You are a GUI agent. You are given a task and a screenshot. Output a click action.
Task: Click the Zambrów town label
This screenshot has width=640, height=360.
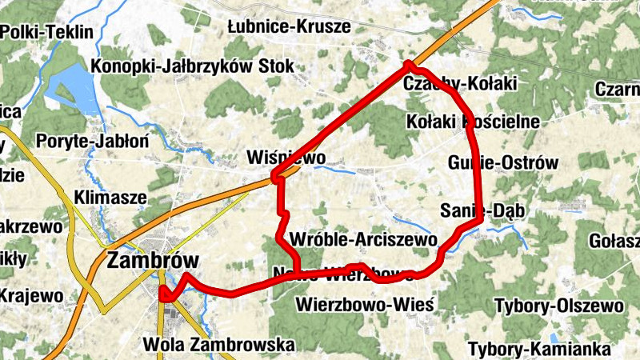152,262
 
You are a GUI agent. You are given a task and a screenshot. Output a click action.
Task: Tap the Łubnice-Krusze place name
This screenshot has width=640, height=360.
289,26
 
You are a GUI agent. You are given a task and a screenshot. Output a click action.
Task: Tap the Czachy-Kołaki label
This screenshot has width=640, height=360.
461,83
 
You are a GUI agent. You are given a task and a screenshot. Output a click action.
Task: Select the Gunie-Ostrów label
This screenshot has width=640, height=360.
503,162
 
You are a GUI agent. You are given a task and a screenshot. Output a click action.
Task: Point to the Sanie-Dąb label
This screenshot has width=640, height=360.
477,210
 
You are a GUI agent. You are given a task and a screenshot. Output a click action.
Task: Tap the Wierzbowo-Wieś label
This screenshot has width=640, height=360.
364,305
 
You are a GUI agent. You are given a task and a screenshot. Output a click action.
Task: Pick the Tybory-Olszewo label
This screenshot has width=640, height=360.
558,306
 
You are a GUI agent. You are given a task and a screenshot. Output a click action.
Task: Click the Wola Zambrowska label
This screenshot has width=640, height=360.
218,345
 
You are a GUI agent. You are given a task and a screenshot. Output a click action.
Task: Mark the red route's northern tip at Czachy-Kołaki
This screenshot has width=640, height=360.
409,63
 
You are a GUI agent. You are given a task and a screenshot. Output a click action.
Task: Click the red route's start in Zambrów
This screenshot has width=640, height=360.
164,294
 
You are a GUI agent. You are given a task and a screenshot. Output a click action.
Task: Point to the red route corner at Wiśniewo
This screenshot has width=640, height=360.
275,176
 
